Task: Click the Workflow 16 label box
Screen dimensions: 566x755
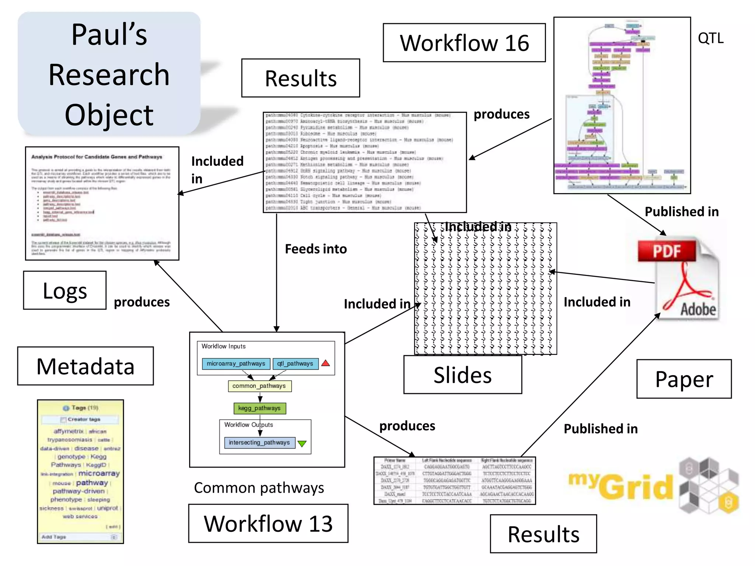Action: tap(464, 43)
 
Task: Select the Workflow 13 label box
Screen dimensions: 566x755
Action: tap(268, 523)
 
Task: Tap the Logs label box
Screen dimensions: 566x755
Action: tap(65, 290)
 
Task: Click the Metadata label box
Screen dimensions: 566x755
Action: tap(86, 366)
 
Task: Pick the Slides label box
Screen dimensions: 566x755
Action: tap(463, 375)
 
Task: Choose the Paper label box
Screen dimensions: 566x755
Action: tap(684, 379)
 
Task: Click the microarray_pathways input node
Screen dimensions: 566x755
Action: tap(236, 364)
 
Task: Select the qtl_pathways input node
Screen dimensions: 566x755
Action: tap(295, 364)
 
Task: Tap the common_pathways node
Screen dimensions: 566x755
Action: tap(259, 386)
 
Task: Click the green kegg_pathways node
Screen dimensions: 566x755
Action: tap(260, 408)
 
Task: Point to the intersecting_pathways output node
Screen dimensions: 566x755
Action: tap(260, 443)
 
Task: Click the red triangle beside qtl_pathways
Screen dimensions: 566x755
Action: tap(326, 363)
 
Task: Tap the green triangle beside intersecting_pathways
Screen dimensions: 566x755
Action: tap(302, 443)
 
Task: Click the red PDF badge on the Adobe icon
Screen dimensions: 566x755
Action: tap(667, 251)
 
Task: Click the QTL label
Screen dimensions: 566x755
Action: tap(710, 38)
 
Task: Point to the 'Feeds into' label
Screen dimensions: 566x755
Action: tap(316, 249)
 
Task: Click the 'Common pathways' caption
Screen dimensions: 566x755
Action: tap(259, 488)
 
